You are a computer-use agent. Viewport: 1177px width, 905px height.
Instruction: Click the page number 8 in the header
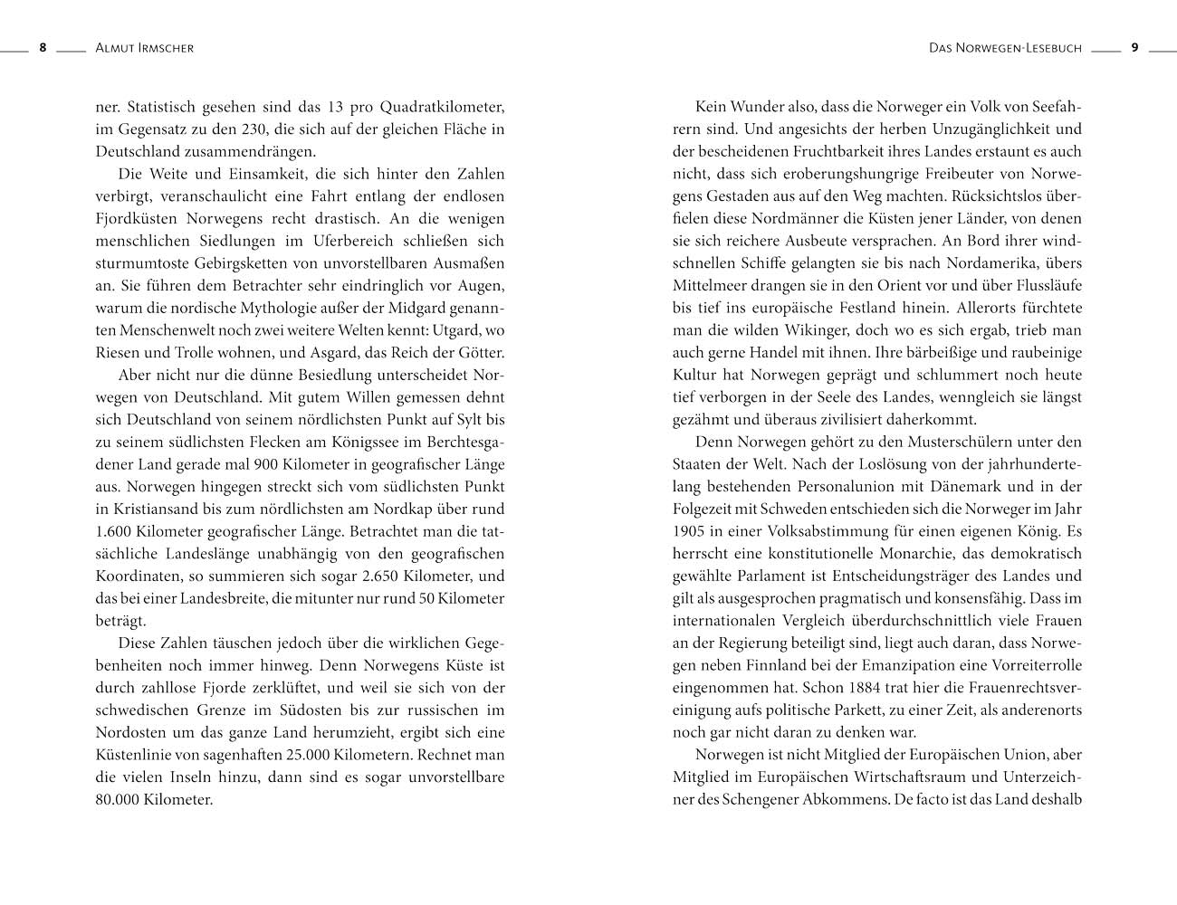tap(42, 48)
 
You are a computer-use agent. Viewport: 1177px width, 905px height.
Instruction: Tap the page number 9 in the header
tap(1134, 48)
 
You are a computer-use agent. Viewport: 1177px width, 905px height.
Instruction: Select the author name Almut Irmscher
tap(144, 48)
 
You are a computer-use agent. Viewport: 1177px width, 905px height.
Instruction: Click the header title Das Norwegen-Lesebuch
tap(1005, 48)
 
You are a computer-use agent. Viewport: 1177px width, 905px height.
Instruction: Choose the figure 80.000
tap(118, 800)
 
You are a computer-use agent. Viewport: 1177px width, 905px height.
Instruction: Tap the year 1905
tap(689, 531)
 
